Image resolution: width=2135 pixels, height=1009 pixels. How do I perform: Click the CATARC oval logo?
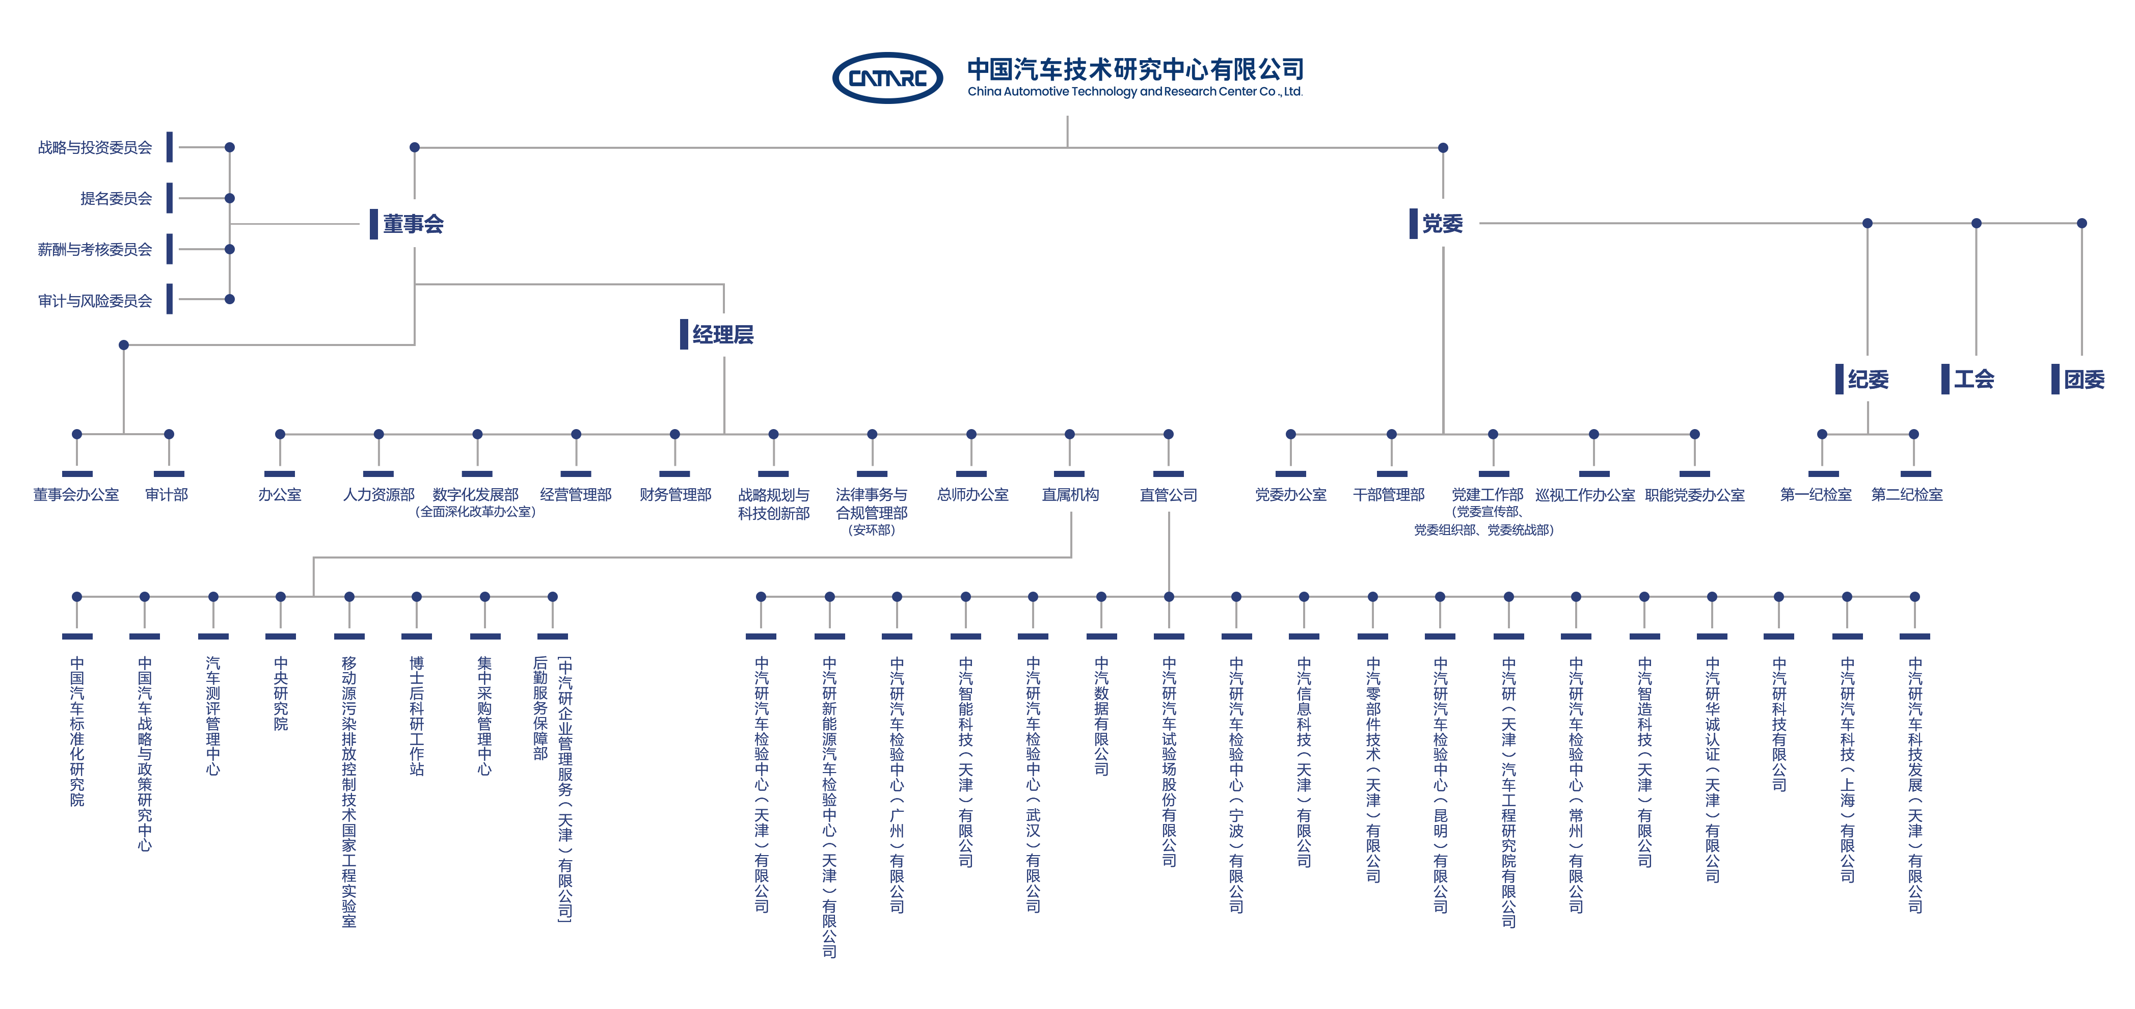887,78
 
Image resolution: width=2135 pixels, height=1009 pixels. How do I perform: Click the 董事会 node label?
413,224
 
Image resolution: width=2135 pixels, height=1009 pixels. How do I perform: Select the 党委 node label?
1442,224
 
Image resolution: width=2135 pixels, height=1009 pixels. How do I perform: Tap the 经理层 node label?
723,335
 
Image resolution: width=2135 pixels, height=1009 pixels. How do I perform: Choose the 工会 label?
1974,380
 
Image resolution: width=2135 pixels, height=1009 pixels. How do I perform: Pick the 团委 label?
2084,380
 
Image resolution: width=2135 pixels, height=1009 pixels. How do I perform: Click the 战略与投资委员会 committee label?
95,148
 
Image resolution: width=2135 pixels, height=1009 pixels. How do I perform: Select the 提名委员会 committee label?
116,198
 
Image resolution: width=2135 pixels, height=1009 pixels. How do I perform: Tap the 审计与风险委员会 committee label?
95,300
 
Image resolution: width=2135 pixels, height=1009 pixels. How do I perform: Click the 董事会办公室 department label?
76,495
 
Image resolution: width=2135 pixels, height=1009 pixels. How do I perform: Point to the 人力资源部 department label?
379,495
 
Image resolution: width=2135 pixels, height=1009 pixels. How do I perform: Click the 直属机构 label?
1070,495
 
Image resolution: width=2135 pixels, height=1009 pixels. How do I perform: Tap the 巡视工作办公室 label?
1585,495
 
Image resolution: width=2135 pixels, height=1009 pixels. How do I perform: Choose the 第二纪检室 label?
1906,495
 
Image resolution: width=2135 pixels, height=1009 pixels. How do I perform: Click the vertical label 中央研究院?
281,694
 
